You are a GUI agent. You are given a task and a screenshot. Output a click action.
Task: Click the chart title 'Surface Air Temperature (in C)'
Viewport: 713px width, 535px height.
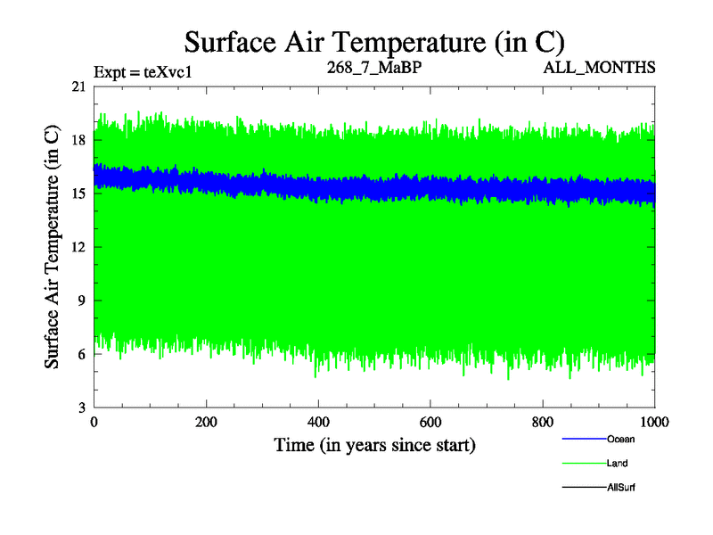(374, 42)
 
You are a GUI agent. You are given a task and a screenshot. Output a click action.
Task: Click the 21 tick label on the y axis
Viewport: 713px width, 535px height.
(78, 86)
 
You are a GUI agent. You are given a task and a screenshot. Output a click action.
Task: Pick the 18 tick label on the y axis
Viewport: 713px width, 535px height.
(78, 140)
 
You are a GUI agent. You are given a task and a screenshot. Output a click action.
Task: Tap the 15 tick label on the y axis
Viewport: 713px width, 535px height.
(78, 193)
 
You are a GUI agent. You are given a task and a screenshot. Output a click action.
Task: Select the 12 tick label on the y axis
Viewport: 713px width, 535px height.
(78, 247)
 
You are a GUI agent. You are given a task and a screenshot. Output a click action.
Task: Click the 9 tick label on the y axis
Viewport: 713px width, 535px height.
(82, 300)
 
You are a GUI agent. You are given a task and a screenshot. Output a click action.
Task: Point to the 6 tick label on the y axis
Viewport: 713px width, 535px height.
(82, 354)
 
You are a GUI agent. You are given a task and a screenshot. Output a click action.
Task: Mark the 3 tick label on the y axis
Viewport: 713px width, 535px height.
(82, 407)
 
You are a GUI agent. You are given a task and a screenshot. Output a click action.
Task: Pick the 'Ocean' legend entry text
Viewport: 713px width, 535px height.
(620, 439)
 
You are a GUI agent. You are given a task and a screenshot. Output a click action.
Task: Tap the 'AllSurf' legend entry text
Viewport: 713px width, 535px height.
(620, 488)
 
